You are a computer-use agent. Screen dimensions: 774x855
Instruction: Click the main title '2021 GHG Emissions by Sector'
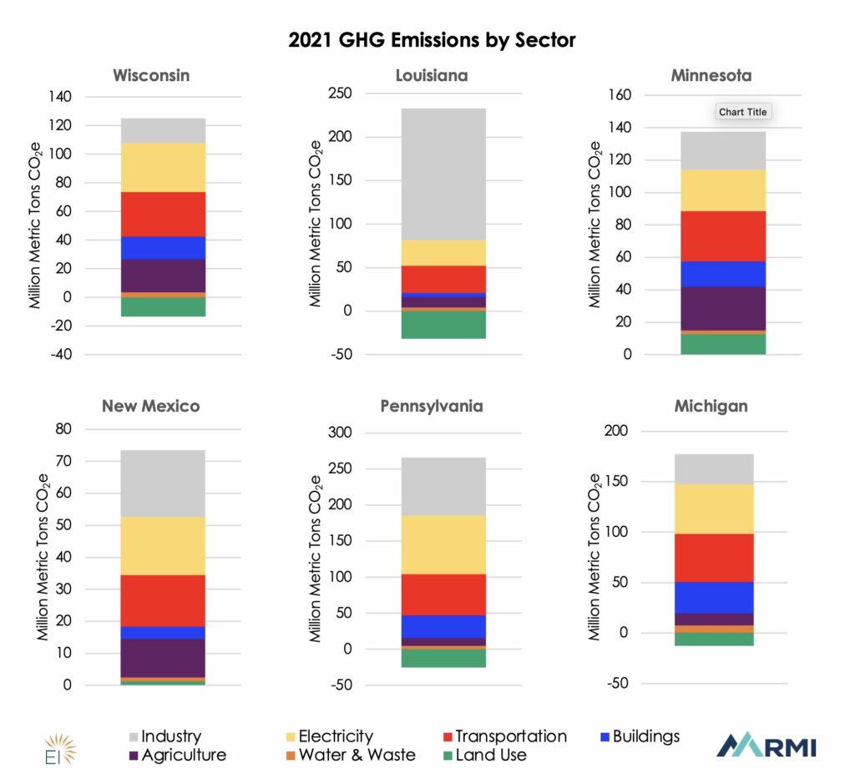(432, 39)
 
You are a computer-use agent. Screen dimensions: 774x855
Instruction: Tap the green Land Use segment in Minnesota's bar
(723, 344)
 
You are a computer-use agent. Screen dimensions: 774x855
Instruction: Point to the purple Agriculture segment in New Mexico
(163, 658)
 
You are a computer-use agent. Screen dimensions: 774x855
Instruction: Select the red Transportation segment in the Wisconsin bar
(163, 215)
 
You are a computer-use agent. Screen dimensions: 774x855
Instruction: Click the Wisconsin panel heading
(151, 76)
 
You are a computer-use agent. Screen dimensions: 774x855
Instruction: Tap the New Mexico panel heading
(151, 407)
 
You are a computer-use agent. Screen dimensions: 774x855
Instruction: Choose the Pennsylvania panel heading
(432, 407)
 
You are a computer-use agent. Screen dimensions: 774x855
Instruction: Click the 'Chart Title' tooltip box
(742, 112)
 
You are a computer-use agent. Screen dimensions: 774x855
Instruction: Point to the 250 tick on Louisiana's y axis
(341, 94)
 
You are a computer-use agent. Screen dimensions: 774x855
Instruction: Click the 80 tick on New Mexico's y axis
(63, 429)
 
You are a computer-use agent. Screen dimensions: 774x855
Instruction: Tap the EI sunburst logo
(58, 746)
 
